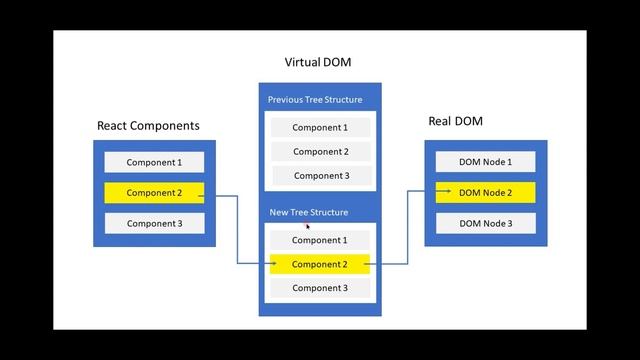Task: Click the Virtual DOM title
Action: click(319, 62)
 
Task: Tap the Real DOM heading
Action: click(456, 121)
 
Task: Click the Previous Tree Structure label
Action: click(315, 100)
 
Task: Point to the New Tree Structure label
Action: click(308, 212)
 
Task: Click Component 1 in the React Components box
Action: click(154, 162)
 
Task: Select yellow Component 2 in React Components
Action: click(154, 192)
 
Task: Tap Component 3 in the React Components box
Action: click(154, 223)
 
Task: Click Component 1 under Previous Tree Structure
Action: click(319, 128)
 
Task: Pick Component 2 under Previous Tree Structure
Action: click(319, 152)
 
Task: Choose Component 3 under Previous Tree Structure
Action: click(319, 176)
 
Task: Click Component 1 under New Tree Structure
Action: click(319, 240)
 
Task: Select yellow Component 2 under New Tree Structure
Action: click(319, 264)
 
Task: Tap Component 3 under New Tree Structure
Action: click(319, 288)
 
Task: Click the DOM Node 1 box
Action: click(485, 162)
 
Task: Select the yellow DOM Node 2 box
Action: click(485, 192)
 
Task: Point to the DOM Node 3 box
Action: click(485, 223)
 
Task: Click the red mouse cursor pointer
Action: click(308, 226)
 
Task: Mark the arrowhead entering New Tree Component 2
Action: click(272, 264)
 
